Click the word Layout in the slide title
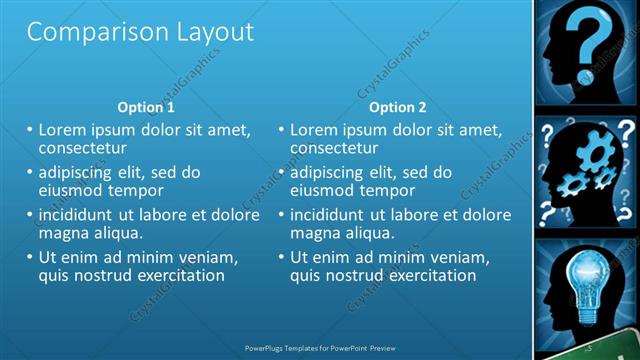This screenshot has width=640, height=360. (x=208, y=32)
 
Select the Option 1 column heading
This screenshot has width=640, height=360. (x=146, y=107)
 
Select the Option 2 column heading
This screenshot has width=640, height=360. (x=397, y=107)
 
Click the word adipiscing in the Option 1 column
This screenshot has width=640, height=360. (x=83, y=172)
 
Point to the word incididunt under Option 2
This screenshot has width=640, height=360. (x=336, y=215)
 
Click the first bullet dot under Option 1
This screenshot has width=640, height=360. (x=30, y=130)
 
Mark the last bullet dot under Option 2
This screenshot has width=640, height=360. (x=281, y=257)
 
